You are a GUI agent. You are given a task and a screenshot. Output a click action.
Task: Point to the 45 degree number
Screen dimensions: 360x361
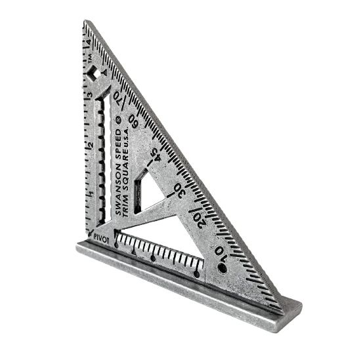coord(156,154)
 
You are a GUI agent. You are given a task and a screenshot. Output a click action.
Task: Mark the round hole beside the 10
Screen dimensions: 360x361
coord(222,268)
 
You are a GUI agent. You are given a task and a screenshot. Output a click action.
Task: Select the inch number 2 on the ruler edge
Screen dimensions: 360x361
coord(89,145)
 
